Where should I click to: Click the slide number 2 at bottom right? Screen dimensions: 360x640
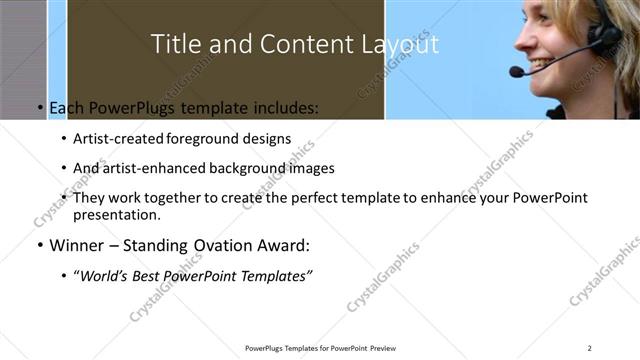point(590,347)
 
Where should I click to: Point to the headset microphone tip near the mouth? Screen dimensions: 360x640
point(516,72)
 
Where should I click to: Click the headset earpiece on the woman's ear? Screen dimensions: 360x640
point(603,37)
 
